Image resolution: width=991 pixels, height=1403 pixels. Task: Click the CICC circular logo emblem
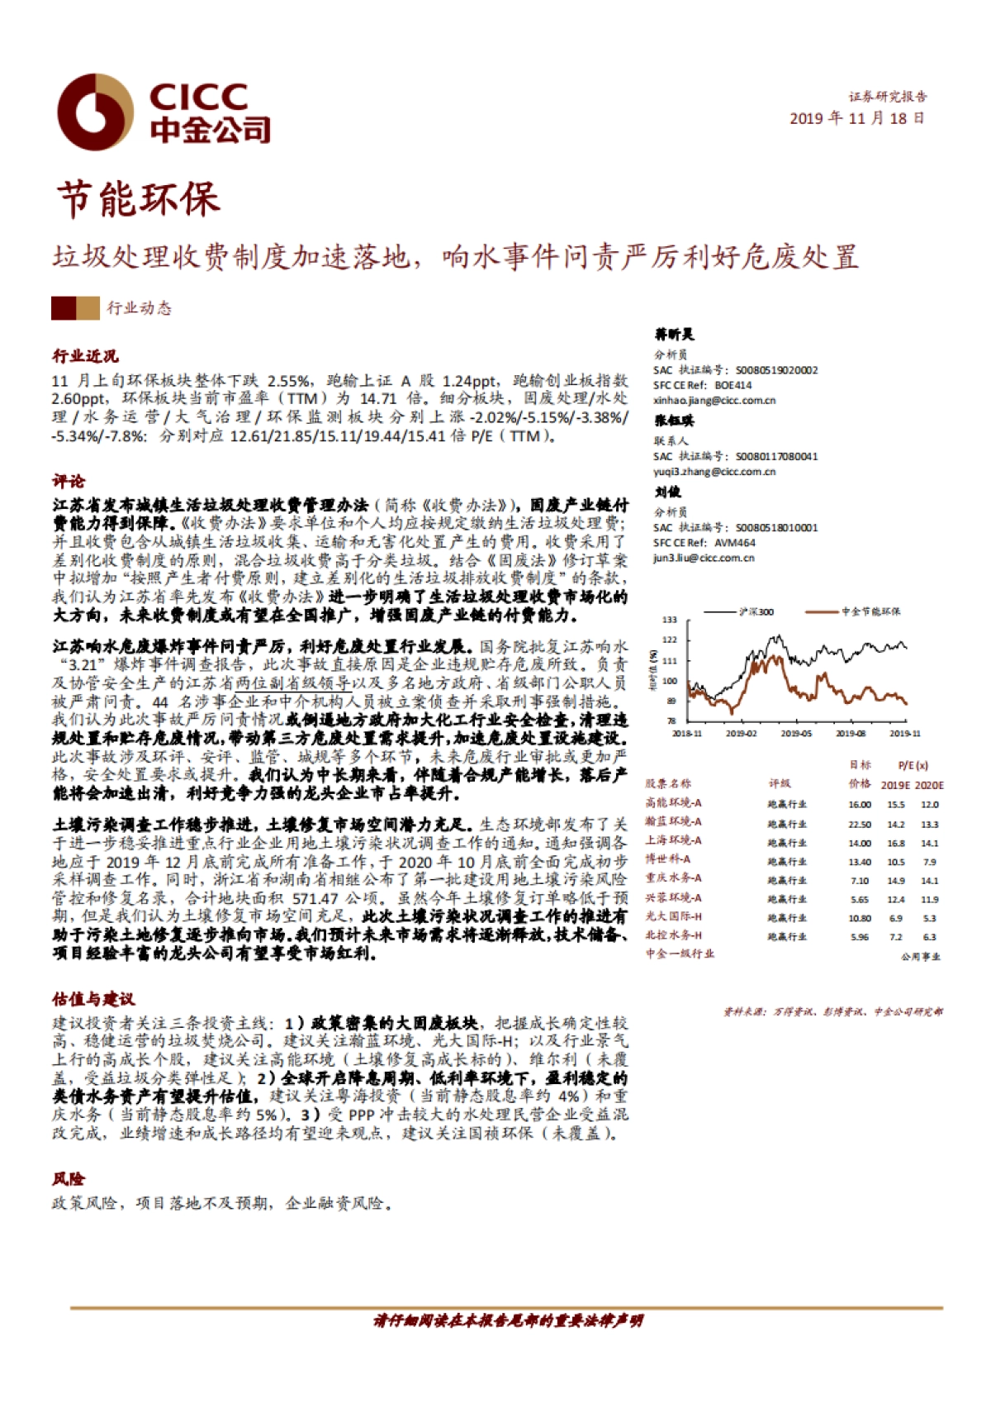95,112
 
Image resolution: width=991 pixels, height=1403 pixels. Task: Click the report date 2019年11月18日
856,118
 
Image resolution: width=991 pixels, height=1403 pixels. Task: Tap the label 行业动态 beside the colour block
139,308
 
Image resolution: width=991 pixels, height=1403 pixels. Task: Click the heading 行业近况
85,356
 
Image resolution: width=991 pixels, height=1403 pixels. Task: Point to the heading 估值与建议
93,999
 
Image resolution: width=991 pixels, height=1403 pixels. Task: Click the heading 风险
69,1178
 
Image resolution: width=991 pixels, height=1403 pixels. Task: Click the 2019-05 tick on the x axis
795,734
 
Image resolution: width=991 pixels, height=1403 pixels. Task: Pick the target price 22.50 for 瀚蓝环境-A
859,824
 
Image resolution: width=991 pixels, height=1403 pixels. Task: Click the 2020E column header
929,785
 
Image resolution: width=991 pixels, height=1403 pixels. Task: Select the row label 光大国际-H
673,916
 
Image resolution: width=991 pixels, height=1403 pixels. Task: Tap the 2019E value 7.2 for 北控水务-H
895,937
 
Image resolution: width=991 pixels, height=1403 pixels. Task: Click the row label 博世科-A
668,859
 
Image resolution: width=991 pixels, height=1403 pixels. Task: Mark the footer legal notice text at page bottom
507,1320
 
